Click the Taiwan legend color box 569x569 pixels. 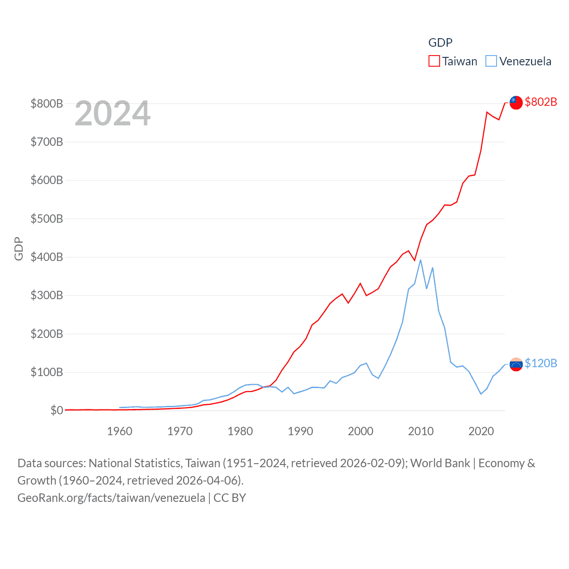[434, 61]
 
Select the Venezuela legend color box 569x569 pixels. [491, 61]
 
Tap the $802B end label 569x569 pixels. [541, 102]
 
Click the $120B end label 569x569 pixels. [541, 363]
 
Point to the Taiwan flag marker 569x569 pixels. [516, 102]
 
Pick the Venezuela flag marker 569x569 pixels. [516, 365]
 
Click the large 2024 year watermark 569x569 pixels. [112, 113]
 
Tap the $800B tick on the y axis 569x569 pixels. [47, 104]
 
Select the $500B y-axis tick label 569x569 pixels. [47, 219]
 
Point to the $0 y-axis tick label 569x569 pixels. [56, 410]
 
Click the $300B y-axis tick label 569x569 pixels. [47, 295]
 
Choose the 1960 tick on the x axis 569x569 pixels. [120, 431]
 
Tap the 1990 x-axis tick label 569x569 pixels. [301, 431]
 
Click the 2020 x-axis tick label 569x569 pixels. [481, 431]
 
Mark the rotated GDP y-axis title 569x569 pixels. [19, 249]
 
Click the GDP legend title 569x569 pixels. [440, 43]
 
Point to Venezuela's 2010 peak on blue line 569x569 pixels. [421, 260]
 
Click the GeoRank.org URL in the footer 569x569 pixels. [111, 498]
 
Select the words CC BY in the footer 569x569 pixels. [230, 498]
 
